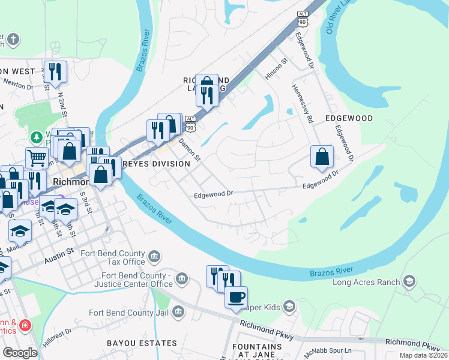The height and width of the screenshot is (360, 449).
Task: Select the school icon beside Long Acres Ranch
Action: pos(409,281)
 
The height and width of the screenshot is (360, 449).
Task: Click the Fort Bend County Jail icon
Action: pos(178,312)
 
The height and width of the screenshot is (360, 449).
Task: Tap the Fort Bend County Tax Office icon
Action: pos(154,257)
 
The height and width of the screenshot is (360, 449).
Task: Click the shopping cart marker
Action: pos(37,158)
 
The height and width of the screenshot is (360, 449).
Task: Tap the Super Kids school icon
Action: pos(289,307)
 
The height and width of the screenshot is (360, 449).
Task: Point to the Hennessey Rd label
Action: pos(303,103)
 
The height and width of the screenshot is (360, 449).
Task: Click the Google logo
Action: pos(20,353)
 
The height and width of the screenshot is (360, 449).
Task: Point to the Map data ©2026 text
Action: pos(423,355)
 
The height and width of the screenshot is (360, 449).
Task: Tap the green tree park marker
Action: pos(37,137)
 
